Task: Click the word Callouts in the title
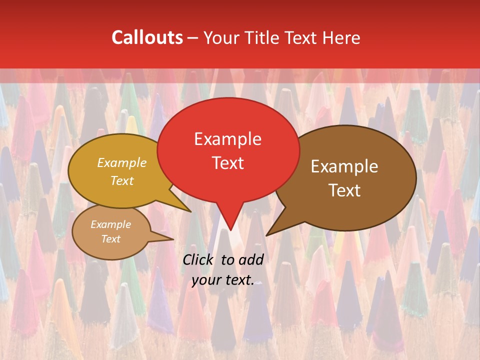(x=147, y=37)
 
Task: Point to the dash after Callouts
(x=193, y=38)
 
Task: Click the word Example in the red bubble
(x=228, y=138)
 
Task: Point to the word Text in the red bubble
(x=228, y=163)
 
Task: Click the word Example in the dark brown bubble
(x=344, y=166)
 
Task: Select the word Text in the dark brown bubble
(x=344, y=190)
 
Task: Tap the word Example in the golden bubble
(x=122, y=162)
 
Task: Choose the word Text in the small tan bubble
(x=110, y=239)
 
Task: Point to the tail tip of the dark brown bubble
(x=268, y=233)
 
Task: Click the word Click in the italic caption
(x=199, y=259)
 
